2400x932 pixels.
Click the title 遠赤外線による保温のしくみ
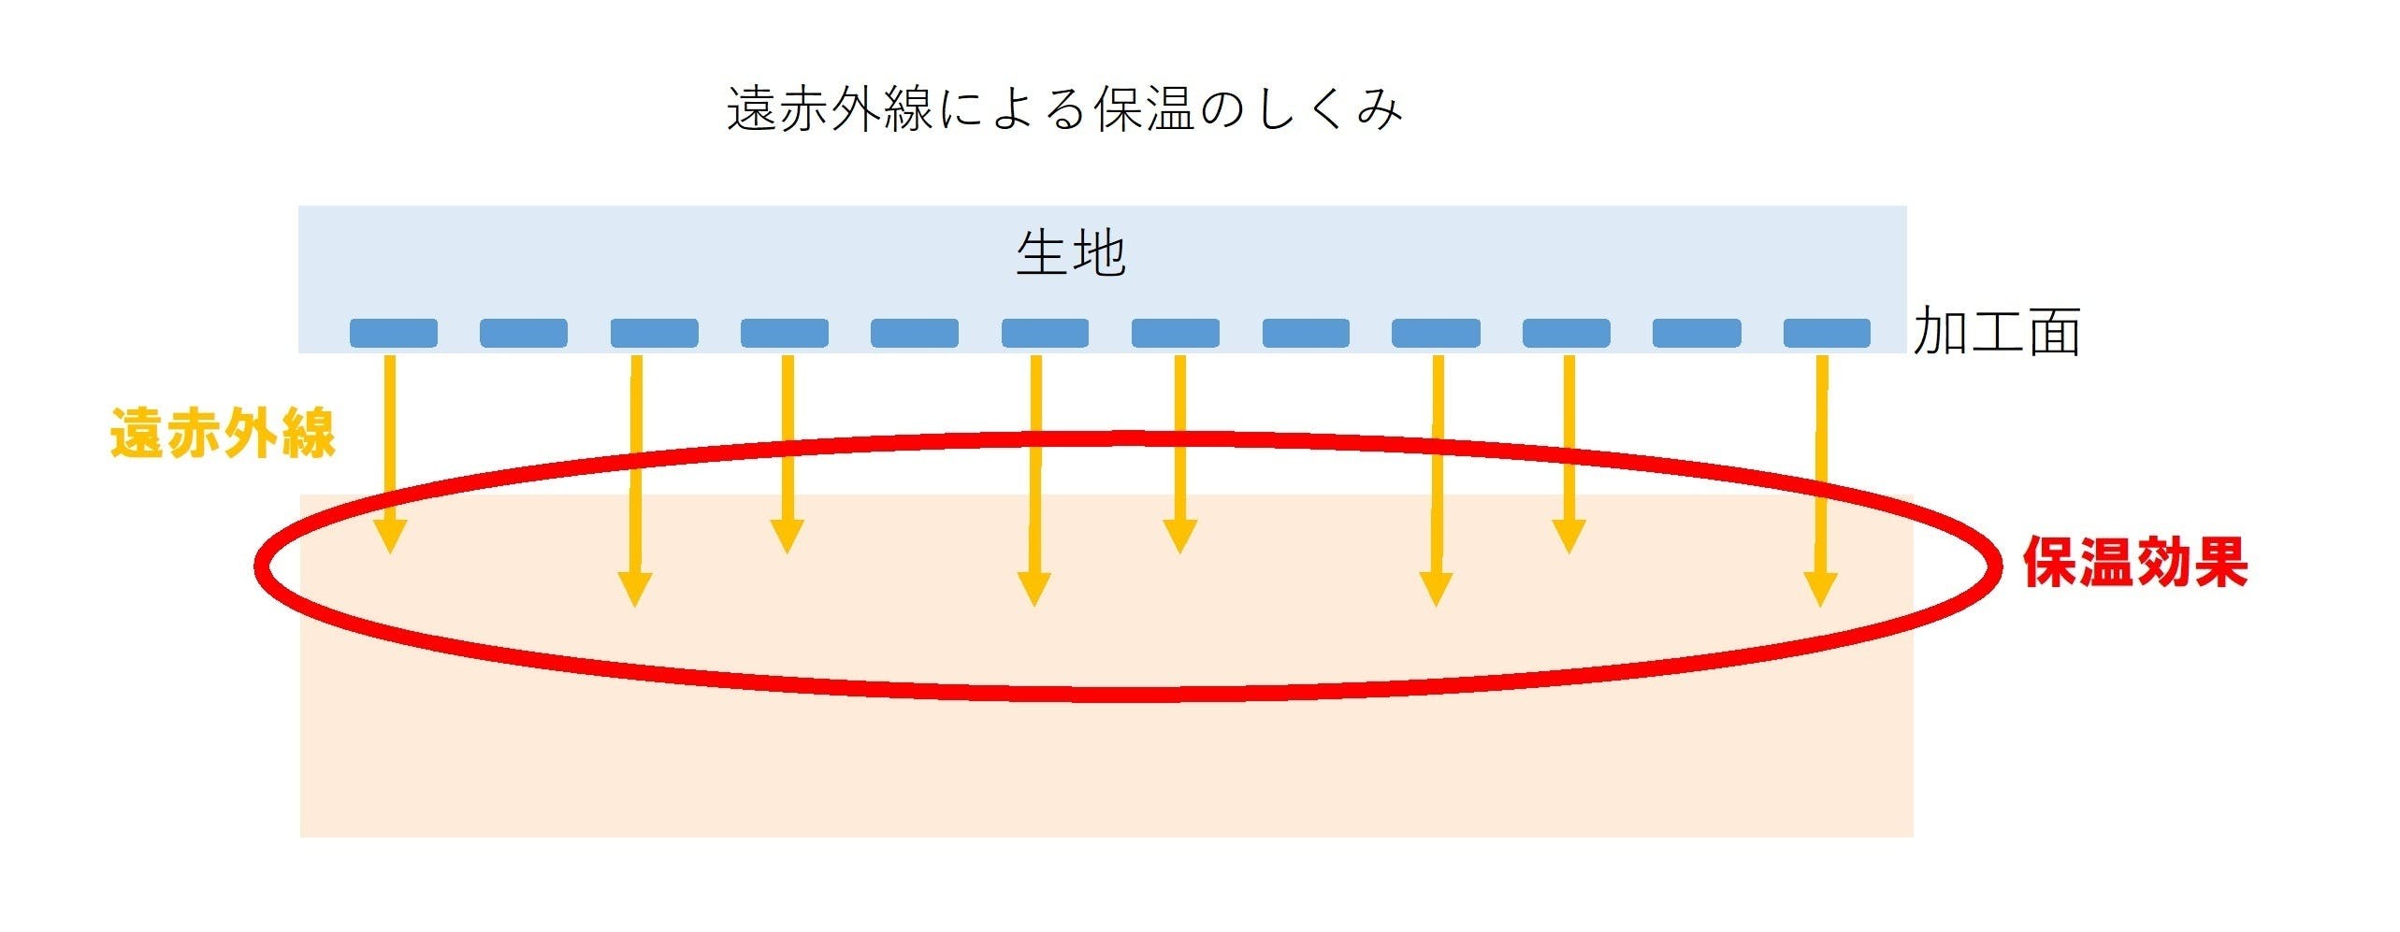(x=1064, y=110)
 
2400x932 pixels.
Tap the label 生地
(x=1071, y=253)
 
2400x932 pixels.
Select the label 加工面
(x=1996, y=332)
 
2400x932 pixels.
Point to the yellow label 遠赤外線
(x=223, y=434)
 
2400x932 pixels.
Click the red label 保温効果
(x=2135, y=562)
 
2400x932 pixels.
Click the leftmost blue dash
(x=393, y=333)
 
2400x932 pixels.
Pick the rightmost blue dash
(x=1827, y=333)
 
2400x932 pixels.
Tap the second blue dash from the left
(x=523, y=333)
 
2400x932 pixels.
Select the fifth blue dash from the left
(x=914, y=333)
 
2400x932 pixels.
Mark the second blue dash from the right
(x=1697, y=333)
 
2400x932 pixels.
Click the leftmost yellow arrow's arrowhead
(x=390, y=538)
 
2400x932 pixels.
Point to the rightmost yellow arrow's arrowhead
(x=1820, y=589)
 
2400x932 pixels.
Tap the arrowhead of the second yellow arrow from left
(x=635, y=589)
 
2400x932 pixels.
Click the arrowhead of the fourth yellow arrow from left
(x=1034, y=589)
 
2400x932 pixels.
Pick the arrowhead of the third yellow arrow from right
(x=1436, y=589)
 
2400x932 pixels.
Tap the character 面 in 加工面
(x=2053, y=332)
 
